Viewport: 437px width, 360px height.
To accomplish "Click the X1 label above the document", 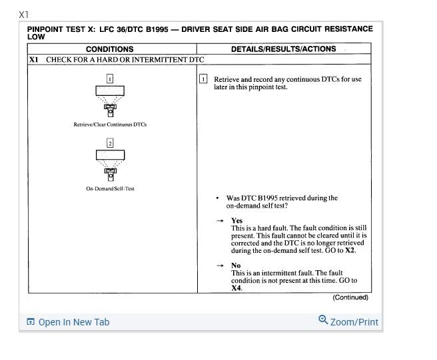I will [x=24, y=14].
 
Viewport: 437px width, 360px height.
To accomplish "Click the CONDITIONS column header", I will [x=109, y=49].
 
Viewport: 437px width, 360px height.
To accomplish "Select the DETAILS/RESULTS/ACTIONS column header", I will [x=283, y=49].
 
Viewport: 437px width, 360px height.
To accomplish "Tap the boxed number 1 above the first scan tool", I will [x=110, y=79].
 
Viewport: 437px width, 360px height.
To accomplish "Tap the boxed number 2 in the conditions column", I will [x=110, y=143].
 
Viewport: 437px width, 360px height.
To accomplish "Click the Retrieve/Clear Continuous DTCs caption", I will [x=110, y=124].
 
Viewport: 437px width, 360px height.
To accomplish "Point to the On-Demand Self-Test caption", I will [x=110, y=188].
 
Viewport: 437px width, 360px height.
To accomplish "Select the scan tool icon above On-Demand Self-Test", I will [x=110, y=164].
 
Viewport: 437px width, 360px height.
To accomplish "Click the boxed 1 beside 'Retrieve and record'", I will [x=204, y=79].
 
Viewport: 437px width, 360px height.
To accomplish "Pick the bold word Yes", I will [x=236, y=220].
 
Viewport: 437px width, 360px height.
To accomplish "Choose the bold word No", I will [x=236, y=266].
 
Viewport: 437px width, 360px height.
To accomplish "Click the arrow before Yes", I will [x=220, y=220].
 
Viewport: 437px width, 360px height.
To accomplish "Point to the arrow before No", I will [x=220, y=266].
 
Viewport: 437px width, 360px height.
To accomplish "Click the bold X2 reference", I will [x=350, y=251].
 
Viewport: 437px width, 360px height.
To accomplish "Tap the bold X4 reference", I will [x=236, y=288].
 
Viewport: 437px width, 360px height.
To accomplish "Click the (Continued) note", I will [x=350, y=297].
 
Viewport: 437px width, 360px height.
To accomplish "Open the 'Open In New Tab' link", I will [x=68, y=322].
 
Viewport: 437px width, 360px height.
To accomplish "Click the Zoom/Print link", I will [x=348, y=322].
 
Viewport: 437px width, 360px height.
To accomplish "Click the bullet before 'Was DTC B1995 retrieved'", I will [x=217, y=198].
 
